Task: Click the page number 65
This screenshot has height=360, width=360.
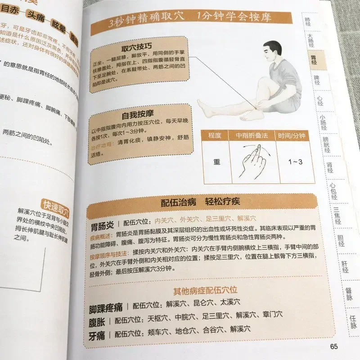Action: click(x=333, y=346)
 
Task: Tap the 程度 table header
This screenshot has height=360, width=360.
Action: click(x=213, y=135)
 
